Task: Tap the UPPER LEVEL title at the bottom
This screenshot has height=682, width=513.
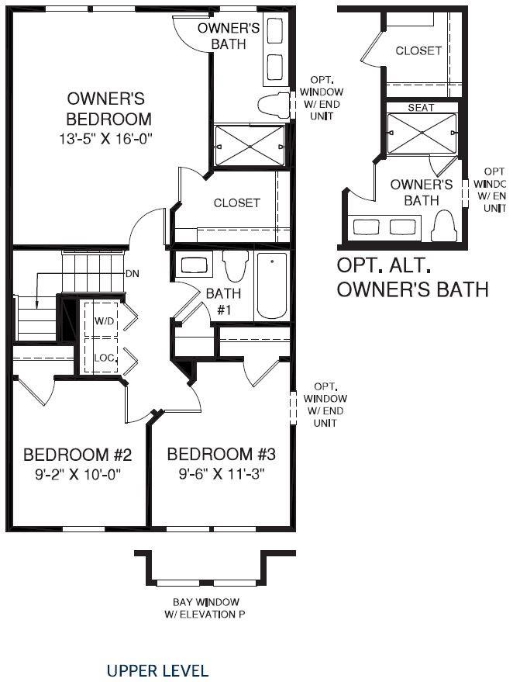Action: coord(157,670)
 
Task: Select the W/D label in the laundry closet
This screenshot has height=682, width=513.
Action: coord(104,320)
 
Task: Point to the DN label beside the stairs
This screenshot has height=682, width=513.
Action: coord(133,275)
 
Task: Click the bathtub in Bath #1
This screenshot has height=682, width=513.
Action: coord(272,286)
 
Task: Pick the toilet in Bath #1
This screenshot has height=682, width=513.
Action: coord(234,265)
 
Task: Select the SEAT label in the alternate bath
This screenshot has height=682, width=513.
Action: coord(421,108)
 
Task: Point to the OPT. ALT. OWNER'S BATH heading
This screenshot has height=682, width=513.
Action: coord(412,277)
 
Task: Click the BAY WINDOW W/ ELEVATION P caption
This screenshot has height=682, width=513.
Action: coord(205,608)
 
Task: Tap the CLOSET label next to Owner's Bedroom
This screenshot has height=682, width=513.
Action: coord(237,203)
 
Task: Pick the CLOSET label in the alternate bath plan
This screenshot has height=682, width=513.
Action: coord(418,51)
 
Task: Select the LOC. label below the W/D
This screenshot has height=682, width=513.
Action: coord(105,358)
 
